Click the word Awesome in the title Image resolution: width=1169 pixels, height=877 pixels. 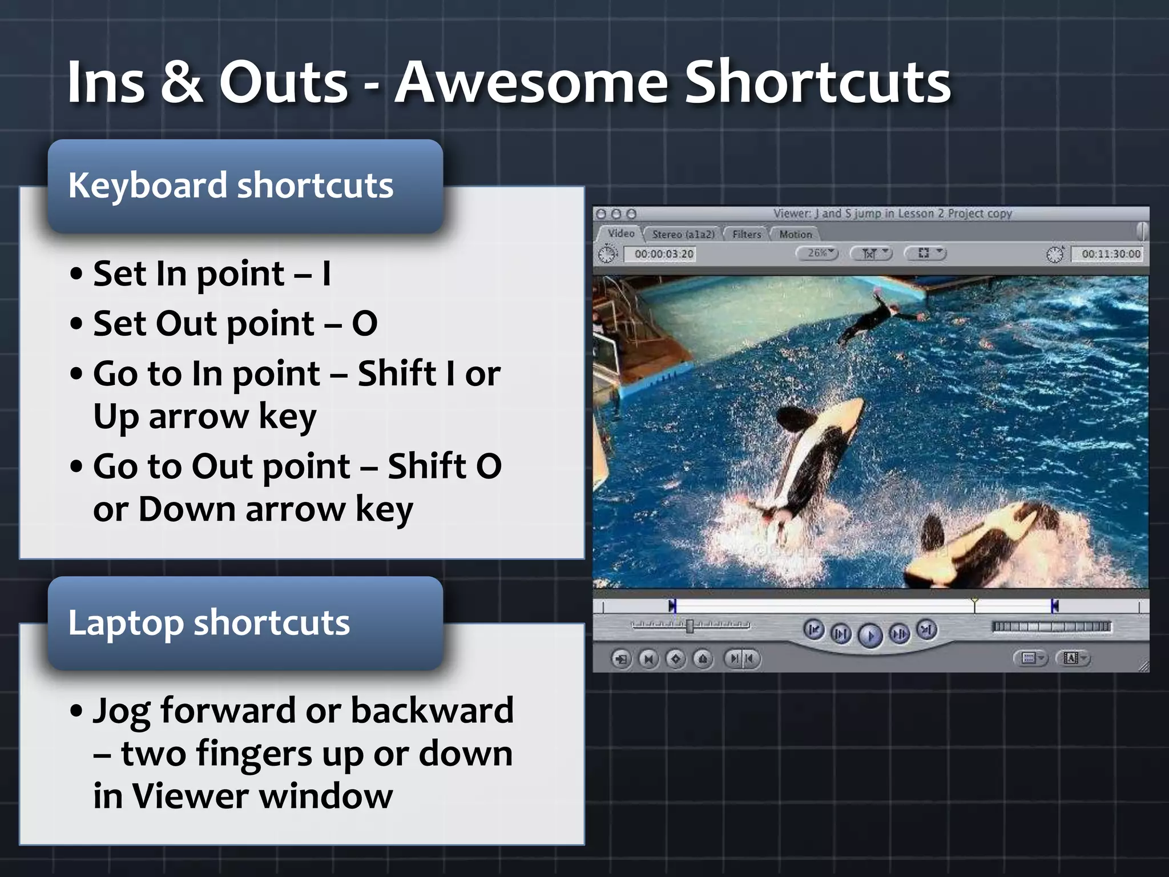(x=531, y=83)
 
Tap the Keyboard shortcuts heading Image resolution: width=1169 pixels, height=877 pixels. (x=231, y=186)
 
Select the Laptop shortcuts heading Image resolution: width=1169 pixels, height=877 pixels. (x=209, y=622)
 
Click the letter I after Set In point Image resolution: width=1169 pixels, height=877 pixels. (x=326, y=273)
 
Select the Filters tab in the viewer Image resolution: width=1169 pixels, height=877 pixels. (x=747, y=234)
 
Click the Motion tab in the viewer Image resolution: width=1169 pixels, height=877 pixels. (x=795, y=234)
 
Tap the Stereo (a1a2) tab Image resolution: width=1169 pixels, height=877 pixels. (x=683, y=234)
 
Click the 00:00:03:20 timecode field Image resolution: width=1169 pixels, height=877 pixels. (x=663, y=254)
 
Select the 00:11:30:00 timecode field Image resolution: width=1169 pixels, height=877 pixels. (x=1110, y=254)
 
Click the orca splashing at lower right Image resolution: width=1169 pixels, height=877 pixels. (x=982, y=542)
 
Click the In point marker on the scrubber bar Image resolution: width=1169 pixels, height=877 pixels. (x=672, y=606)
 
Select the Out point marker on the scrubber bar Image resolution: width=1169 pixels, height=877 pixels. (x=1054, y=606)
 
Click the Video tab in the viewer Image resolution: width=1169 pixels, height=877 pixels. (x=620, y=234)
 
